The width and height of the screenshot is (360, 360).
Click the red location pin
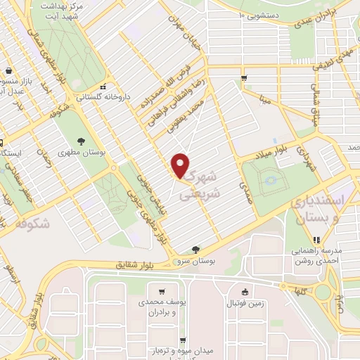pos(181,165)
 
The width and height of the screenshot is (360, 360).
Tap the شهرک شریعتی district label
pos(207,181)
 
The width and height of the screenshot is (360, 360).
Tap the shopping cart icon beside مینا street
pos(243,78)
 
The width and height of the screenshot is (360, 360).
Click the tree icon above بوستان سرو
pos(195,249)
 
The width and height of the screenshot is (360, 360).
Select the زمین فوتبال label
pos(243,303)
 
